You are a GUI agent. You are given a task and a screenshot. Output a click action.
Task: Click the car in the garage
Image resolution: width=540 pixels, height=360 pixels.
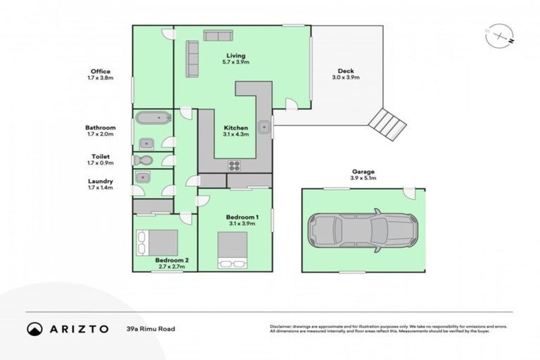[x=363, y=230]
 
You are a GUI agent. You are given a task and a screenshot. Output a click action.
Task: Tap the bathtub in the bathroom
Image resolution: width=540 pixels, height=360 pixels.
[x=151, y=119]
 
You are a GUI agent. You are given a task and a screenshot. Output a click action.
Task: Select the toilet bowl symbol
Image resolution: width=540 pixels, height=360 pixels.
[x=143, y=160]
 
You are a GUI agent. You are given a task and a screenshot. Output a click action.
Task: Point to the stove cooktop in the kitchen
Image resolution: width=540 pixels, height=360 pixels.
[x=234, y=166]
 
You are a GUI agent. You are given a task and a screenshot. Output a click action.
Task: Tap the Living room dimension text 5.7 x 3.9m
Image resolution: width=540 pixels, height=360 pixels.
[x=236, y=63]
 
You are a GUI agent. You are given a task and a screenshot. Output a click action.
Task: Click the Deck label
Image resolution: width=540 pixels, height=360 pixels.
[x=345, y=70]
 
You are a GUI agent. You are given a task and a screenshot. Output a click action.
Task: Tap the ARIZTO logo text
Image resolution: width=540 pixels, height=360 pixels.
[x=80, y=329]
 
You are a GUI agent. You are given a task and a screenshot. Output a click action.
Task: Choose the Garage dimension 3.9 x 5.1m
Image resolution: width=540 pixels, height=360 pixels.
[x=363, y=179]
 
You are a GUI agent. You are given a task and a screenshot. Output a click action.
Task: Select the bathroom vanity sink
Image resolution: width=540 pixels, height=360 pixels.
[x=146, y=143]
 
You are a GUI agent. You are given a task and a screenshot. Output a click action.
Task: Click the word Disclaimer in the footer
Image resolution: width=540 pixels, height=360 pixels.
[x=281, y=327]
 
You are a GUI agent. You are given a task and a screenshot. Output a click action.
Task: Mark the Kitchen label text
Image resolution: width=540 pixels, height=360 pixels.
[x=235, y=127]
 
